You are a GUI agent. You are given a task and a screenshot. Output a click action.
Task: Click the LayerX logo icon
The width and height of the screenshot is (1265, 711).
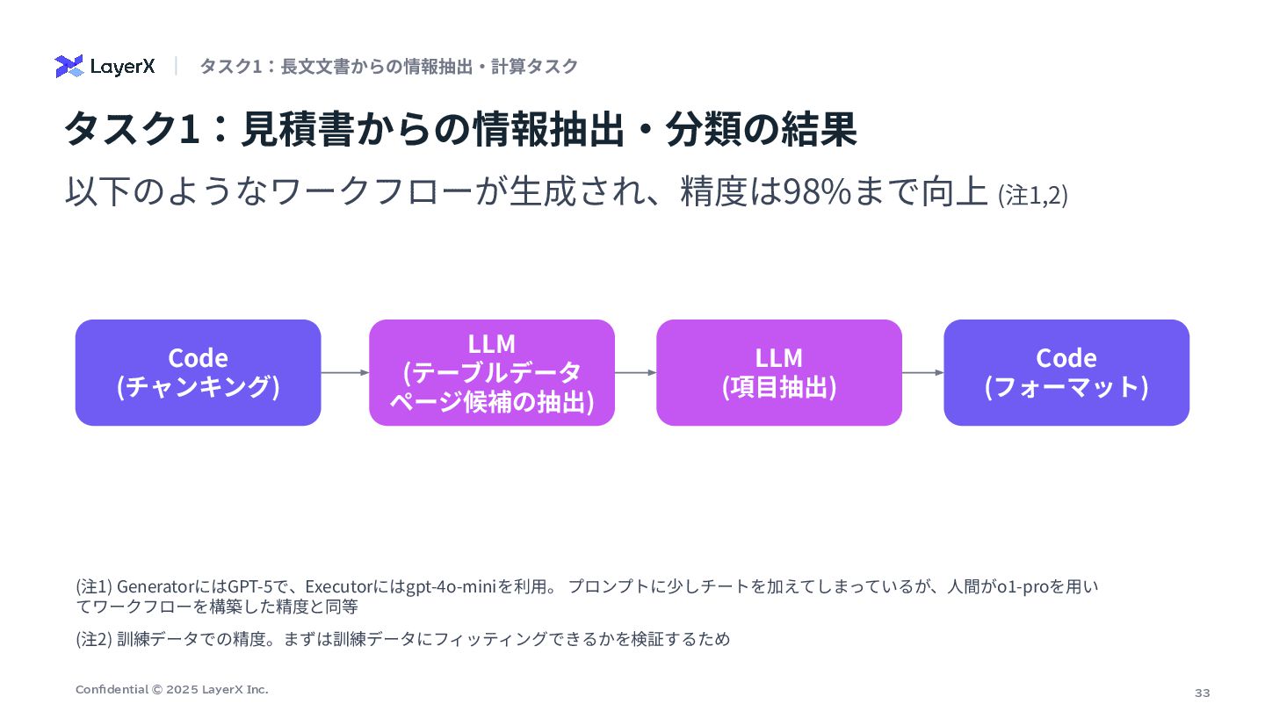[69, 67]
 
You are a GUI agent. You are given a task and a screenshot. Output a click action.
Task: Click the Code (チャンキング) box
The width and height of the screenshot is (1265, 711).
[199, 373]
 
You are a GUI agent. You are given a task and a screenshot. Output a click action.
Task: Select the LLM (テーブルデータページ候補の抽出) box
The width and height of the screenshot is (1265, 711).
[492, 373]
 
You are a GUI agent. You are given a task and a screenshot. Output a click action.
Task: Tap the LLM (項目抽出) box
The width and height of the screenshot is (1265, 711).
[779, 373]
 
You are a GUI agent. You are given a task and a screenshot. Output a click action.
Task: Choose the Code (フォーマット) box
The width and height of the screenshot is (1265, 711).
[1066, 373]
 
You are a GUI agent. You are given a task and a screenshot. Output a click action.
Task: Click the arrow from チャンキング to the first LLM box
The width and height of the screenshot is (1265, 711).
[345, 373]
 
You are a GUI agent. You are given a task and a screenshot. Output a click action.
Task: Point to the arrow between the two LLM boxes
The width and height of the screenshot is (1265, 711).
[635, 373]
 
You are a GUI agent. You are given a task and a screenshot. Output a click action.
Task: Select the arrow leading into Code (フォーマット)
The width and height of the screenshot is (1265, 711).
[922, 373]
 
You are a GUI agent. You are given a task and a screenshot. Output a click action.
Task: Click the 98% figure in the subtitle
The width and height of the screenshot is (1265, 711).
[816, 192]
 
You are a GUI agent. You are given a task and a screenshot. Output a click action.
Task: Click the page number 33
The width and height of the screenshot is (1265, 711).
[1202, 693]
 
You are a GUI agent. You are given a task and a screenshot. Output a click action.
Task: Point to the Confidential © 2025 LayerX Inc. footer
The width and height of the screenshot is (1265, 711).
[172, 690]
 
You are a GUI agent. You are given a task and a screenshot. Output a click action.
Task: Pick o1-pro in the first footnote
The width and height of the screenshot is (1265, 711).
[1023, 586]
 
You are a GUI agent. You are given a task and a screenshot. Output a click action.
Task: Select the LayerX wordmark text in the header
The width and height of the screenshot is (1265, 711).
[122, 67]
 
